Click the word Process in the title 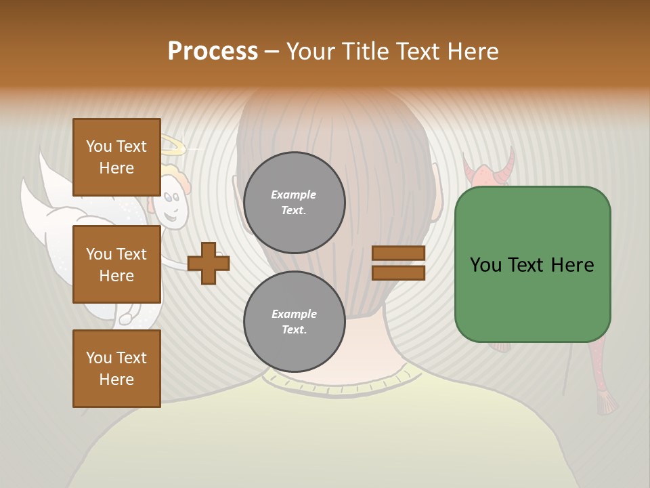click(213, 52)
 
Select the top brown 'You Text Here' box click(116, 157)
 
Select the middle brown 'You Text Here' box click(116, 264)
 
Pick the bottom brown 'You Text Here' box click(116, 368)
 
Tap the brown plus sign click(209, 263)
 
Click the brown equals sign click(398, 263)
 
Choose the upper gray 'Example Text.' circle click(294, 203)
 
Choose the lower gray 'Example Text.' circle click(294, 322)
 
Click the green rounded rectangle click(532, 264)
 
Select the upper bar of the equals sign click(398, 253)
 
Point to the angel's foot click(126, 318)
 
